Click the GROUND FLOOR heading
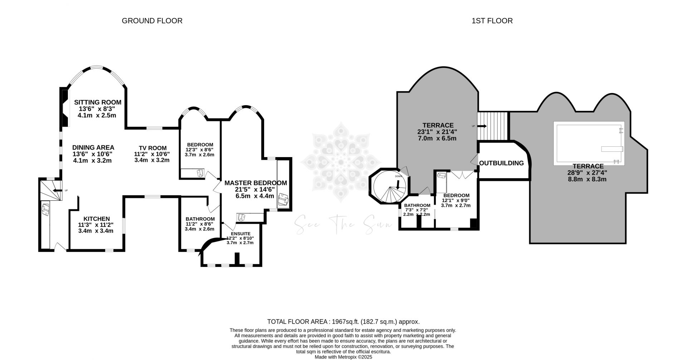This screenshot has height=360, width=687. (152, 21)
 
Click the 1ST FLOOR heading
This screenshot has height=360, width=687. (492, 21)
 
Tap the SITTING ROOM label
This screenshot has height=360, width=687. (97, 102)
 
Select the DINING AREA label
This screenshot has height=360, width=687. (93, 147)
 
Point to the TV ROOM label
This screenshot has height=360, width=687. (153, 148)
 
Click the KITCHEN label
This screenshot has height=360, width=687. (96, 219)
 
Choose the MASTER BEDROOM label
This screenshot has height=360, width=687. (255, 183)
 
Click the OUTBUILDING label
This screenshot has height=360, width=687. (501, 163)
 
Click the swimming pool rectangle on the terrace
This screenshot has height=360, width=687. (589, 143)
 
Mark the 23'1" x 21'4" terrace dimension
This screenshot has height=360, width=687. (438, 132)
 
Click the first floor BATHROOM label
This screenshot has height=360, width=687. (417, 205)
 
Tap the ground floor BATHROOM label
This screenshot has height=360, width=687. (200, 219)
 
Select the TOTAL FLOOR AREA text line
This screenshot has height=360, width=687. (343, 321)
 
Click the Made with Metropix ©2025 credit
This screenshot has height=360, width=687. (343, 357)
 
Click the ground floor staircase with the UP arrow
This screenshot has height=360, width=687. (50, 190)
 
